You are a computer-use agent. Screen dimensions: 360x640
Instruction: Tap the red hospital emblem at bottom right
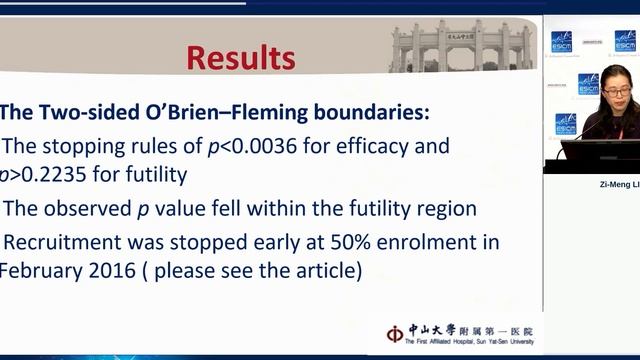[395, 333]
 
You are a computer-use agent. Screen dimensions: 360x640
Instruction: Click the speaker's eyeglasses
[615, 91]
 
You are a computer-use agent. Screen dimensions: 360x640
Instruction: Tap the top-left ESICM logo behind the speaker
[563, 41]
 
